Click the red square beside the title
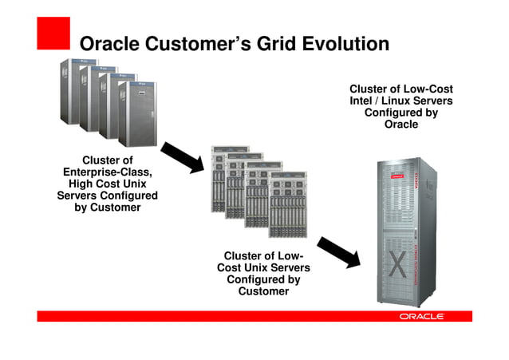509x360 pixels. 53,34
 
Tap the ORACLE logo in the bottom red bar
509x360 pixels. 421,317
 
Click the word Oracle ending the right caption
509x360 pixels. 400,125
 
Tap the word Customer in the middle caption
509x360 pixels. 263,291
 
